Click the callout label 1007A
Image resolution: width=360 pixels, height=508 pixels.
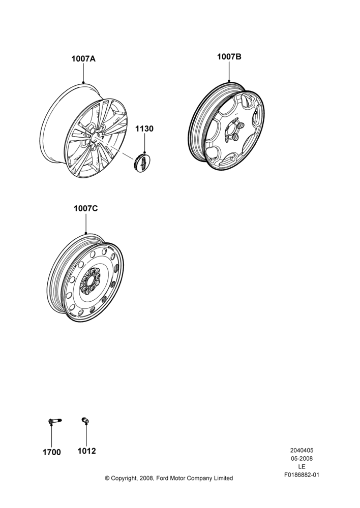tap(83, 59)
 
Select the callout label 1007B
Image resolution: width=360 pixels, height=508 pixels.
tap(229, 57)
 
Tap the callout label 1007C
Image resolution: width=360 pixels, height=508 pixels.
tap(85, 209)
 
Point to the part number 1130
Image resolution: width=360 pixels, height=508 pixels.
tap(144, 129)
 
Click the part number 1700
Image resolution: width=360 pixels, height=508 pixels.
tap(52, 452)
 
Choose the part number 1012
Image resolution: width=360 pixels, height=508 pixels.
tap(86, 451)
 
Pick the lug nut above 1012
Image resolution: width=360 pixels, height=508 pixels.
tap(85, 421)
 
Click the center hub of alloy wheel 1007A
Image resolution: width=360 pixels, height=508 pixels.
tap(94, 136)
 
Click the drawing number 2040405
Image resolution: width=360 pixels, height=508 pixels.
tap(302, 450)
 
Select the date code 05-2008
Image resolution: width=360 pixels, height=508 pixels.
tap(302, 458)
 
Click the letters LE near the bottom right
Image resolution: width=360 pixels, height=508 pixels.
tap(302, 467)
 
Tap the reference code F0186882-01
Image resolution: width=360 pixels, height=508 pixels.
tap(302, 475)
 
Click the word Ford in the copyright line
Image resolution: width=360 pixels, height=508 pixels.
tap(163, 478)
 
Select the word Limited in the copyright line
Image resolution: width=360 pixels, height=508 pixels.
tap(223, 478)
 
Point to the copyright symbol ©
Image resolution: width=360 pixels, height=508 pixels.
tap(107, 478)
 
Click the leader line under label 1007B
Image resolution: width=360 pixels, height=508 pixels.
tap(229, 71)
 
